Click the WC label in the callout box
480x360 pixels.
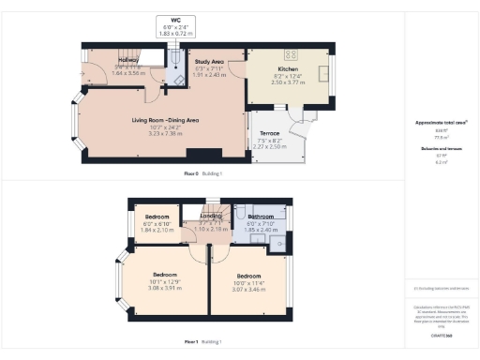pyautogui.click(x=174, y=20)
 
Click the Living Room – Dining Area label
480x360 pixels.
pyautogui.click(x=165, y=120)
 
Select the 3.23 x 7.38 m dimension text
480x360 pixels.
pyautogui.click(x=165, y=133)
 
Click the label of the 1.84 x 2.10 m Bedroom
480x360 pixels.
pyautogui.click(x=157, y=217)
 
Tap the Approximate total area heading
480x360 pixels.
pyautogui.click(x=441, y=122)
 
